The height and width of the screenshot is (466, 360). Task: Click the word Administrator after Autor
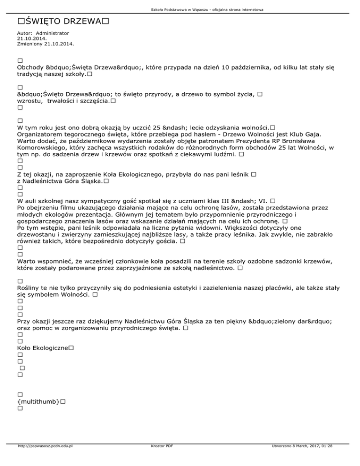tap(52, 34)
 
